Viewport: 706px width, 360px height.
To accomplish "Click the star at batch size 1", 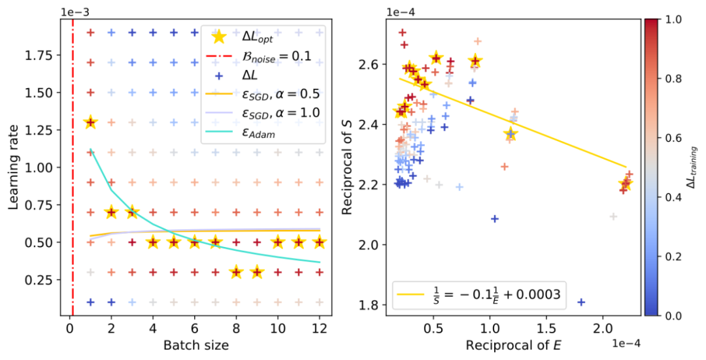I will pos(90,122).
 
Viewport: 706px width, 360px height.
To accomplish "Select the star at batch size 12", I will pos(320,242).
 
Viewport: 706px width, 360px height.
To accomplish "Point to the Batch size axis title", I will pos(195,343).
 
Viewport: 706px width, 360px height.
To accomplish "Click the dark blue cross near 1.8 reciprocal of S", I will pos(581,302).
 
